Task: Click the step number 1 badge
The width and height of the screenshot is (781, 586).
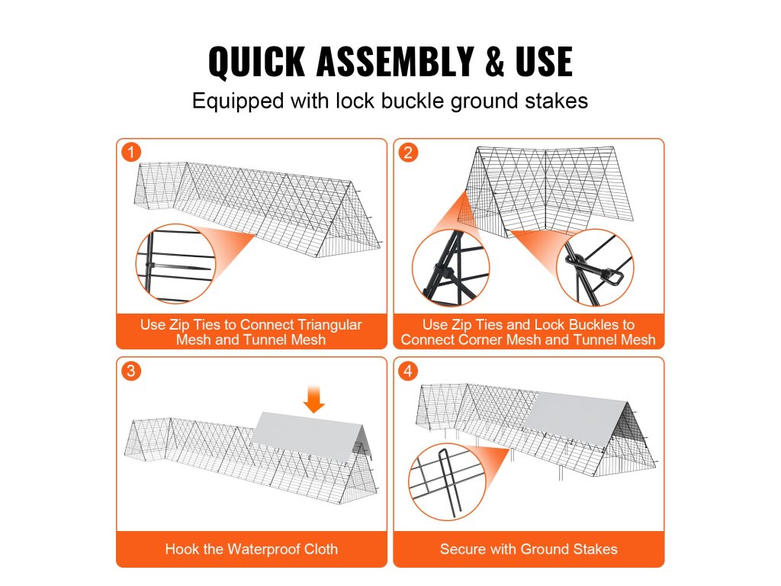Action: tap(131, 152)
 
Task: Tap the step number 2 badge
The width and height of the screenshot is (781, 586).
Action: tap(408, 152)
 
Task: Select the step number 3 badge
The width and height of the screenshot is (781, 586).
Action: tap(131, 371)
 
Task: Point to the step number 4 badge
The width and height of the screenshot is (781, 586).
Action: tap(408, 371)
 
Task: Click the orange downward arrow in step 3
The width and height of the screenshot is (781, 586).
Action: tap(313, 398)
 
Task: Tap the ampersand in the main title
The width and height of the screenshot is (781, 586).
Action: tap(494, 61)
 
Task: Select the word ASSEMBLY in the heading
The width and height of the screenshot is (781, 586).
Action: tap(394, 61)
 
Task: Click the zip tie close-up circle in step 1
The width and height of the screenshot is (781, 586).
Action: tap(175, 263)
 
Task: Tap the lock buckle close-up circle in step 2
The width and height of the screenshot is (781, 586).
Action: tap(595, 268)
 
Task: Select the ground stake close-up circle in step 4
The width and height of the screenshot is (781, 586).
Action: tap(447, 482)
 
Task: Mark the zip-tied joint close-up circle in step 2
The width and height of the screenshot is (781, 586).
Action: tap(451, 268)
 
